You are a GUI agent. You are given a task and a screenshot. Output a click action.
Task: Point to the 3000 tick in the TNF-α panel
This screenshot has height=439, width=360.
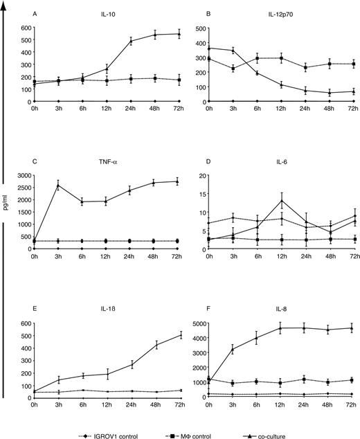pos(21,175)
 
